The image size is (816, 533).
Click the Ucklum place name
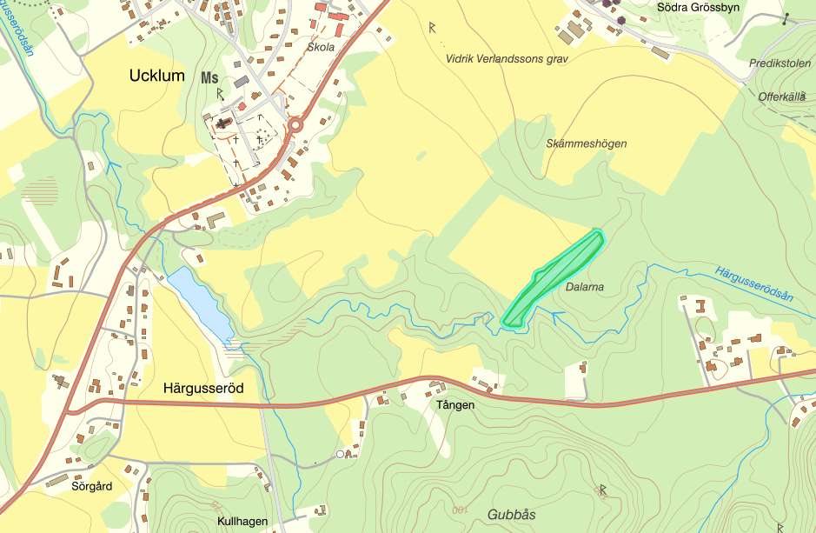(x=156, y=76)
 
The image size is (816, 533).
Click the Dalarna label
(x=584, y=286)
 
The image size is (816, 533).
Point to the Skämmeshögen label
(x=587, y=143)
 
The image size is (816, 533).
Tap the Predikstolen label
(x=779, y=64)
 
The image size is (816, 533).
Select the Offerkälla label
(x=781, y=97)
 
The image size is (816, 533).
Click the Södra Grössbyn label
(x=693, y=7)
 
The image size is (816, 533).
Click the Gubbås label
(x=512, y=514)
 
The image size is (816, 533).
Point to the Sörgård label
(x=92, y=487)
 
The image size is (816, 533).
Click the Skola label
(x=321, y=47)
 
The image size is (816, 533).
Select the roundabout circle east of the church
(x=296, y=125)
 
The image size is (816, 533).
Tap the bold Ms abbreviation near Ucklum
(x=209, y=77)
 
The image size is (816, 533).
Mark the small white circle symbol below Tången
(x=341, y=454)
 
